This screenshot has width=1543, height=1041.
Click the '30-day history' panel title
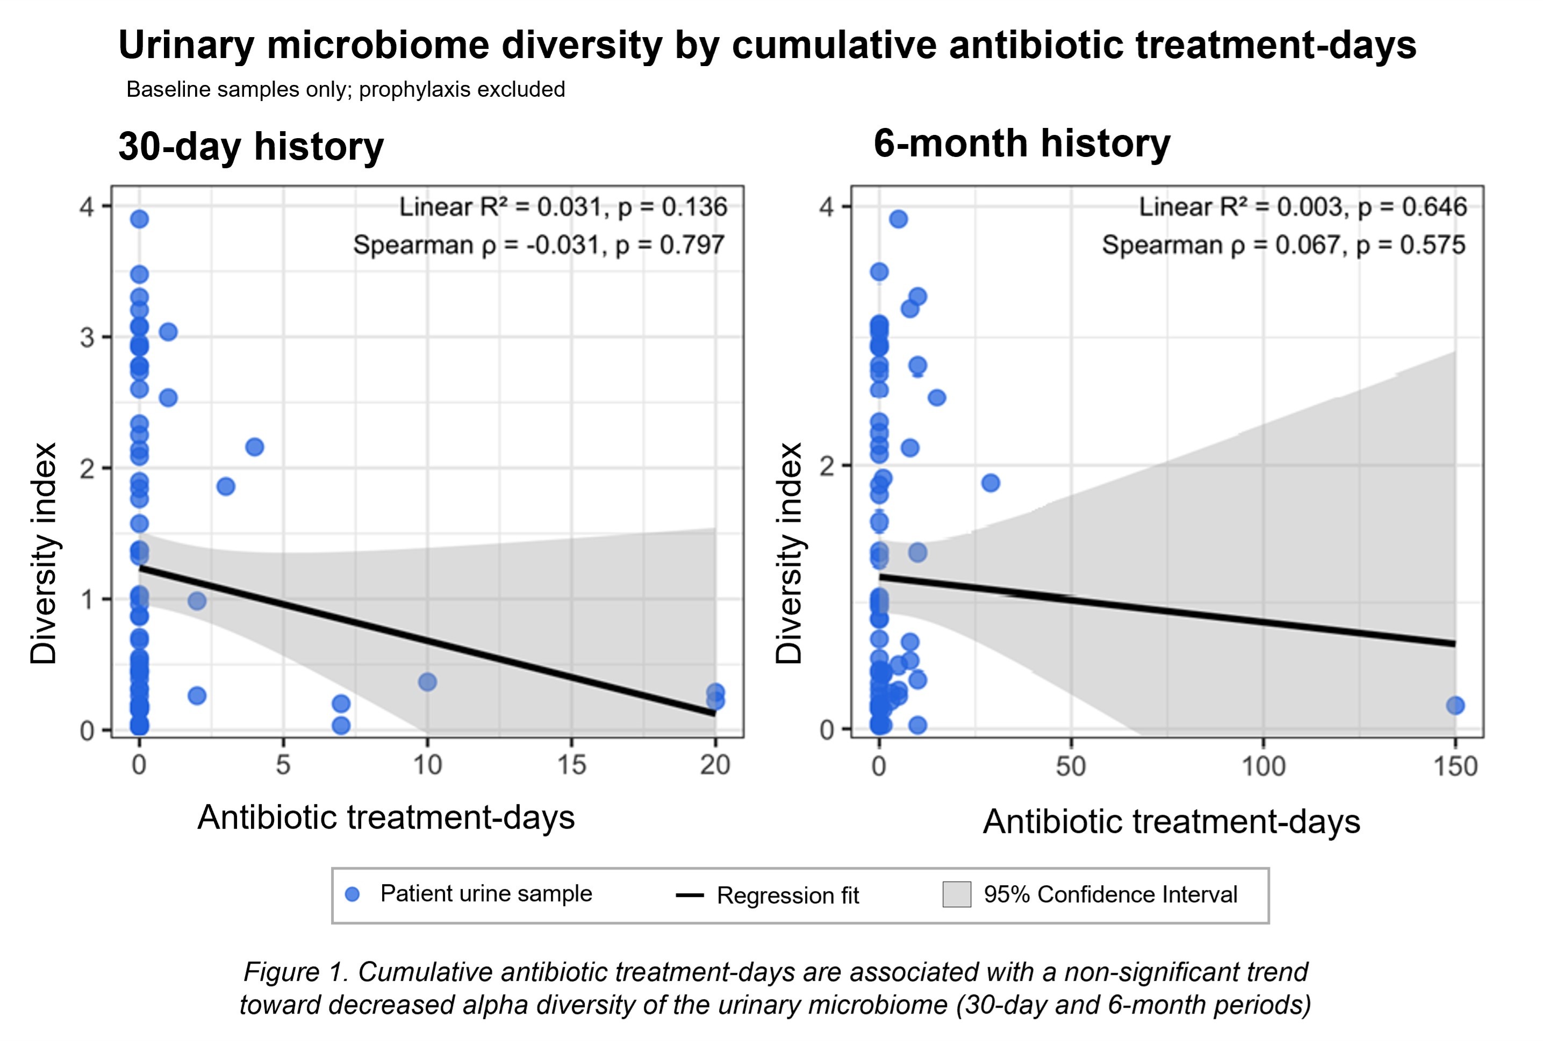point(251,147)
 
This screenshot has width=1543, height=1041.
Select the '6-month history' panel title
point(1022,143)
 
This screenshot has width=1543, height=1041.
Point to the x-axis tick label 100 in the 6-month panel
point(1263,767)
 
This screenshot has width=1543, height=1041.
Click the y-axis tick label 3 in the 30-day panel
point(87,338)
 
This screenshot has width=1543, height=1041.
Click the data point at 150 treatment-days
point(1455,706)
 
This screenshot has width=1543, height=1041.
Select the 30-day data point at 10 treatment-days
point(428,682)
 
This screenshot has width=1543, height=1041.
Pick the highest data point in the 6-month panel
point(898,219)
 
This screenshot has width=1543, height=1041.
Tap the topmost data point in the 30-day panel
point(139,219)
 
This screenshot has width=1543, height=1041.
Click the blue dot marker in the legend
point(353,894)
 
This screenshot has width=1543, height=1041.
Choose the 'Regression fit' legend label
point(787,895)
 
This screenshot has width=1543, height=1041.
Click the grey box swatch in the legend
point(957,894)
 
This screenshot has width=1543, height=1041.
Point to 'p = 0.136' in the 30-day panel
point(672,207)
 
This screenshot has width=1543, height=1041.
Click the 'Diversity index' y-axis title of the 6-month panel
point(790,553)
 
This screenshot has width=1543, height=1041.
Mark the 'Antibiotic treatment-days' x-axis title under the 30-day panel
point(386,816)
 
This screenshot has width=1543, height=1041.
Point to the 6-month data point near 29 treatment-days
point(991,483)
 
